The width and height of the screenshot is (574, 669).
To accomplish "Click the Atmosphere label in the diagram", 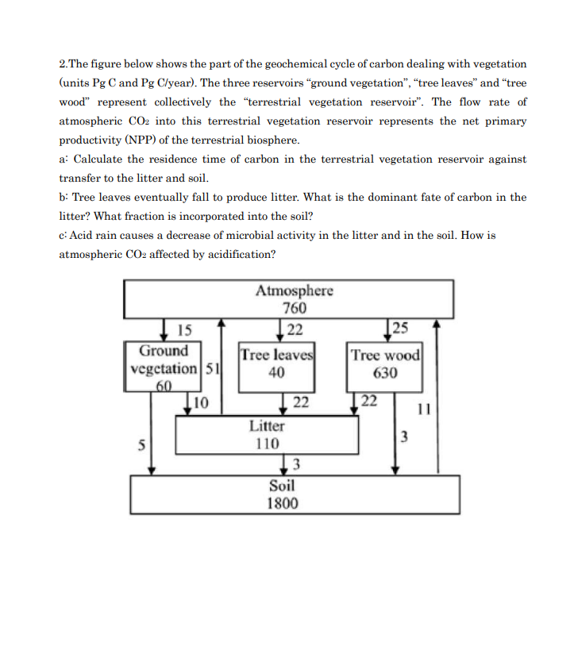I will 294,290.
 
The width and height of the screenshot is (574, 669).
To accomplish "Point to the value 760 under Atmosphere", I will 295,308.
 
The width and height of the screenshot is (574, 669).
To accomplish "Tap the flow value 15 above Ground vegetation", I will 184,329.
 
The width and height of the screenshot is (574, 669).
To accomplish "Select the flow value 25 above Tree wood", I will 400,328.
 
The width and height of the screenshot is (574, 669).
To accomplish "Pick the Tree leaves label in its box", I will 277,354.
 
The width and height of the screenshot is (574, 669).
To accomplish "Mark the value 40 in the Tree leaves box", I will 276,371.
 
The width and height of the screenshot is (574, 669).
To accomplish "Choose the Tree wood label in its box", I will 386,355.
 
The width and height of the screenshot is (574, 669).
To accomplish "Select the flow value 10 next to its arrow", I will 201,404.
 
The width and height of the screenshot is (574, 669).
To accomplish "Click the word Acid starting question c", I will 84,236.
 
